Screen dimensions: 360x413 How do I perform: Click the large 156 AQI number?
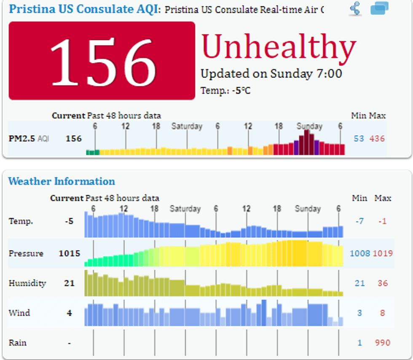[x=102, y=61]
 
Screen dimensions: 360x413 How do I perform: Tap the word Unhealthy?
[x=279, y=47]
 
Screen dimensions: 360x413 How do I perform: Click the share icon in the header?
[x=355, y=9]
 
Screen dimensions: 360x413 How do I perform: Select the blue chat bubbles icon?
[x=379, y=8]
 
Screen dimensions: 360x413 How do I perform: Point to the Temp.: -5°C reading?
[x=225, y=90]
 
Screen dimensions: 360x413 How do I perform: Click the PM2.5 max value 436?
[x=377, y=139]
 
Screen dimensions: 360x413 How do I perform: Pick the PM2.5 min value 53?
[x=359, y=139]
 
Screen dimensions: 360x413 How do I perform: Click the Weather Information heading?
[x=62, y=181]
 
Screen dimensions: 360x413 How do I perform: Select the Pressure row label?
[x=26, y=253]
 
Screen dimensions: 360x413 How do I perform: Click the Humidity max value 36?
[x=382, y=283]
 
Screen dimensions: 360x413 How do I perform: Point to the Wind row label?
[x=19, y=313]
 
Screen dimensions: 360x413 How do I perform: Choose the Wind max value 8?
[x=382, y=313]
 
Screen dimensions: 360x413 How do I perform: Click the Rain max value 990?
[x=382, y=343]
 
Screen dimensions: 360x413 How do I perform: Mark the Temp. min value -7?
[x=359, y=221]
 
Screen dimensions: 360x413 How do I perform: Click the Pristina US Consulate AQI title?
[x=84, y=9]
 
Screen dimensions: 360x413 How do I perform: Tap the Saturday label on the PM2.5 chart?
[x=187, y=126]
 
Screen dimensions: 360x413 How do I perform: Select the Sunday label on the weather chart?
[x=308, y=209]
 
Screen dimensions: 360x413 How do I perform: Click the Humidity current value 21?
[x=70, y=283]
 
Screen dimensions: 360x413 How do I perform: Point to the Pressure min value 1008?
[x=360, y=253]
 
